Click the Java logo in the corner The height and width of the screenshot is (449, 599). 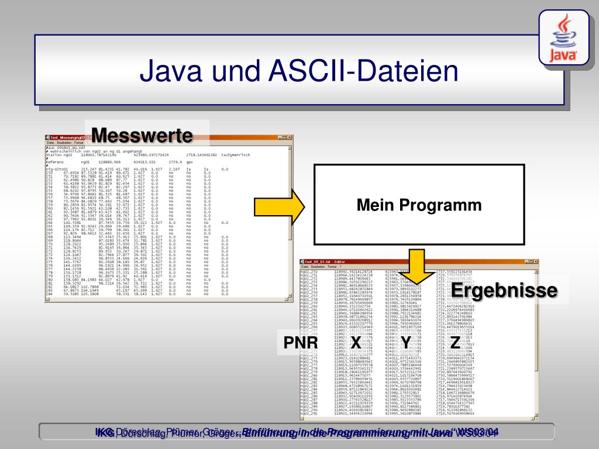(564, 39)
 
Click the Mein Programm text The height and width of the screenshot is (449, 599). (419, 205)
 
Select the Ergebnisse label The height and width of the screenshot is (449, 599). (504, 290)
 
